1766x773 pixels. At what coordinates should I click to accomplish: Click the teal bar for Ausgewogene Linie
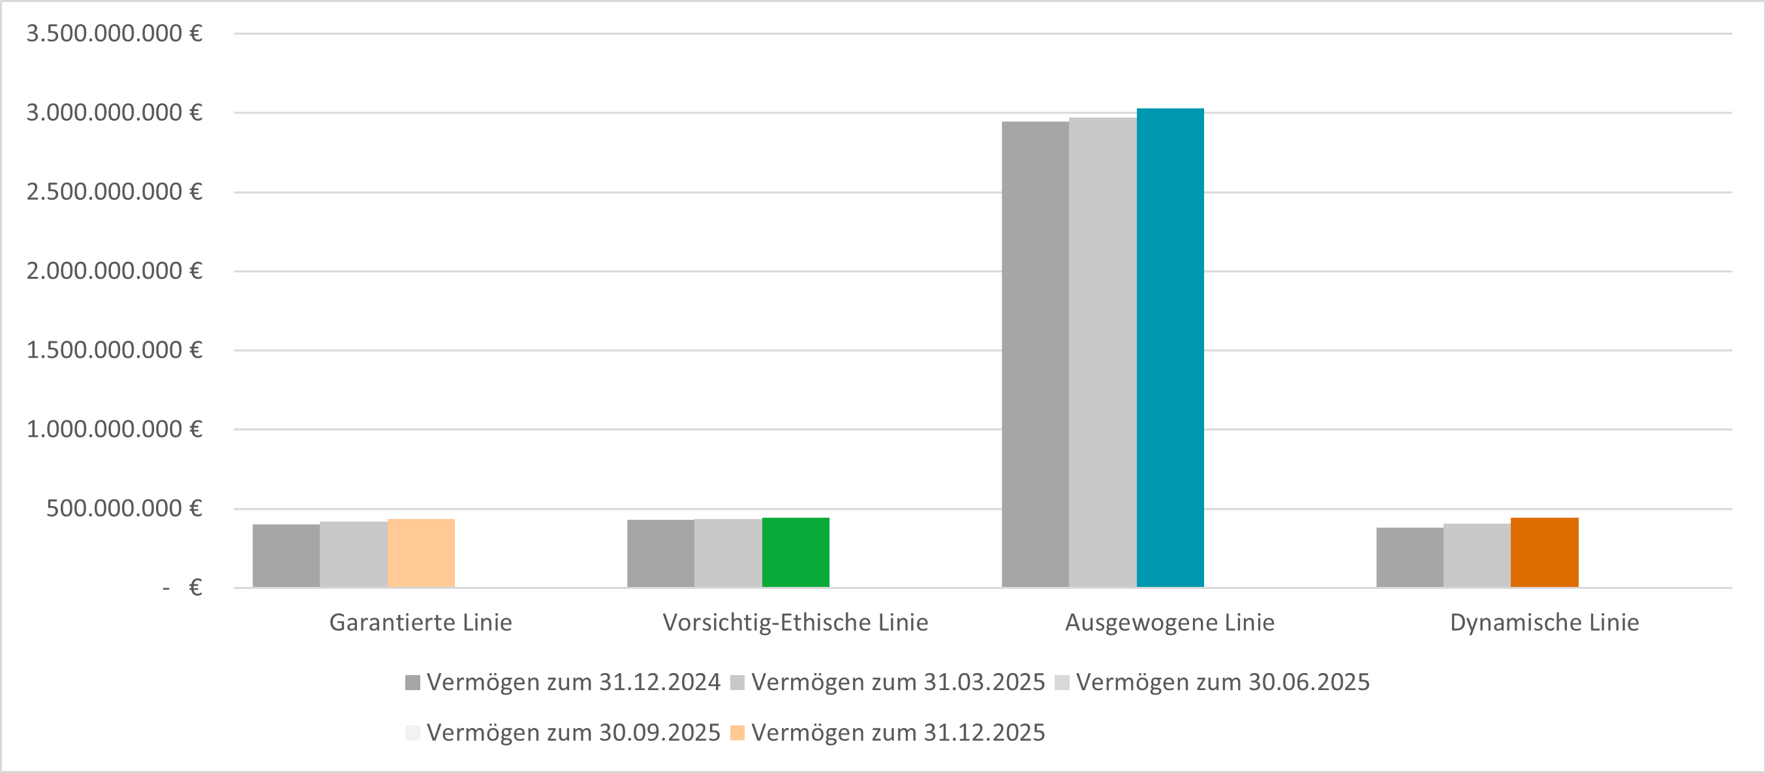coord(1170,348)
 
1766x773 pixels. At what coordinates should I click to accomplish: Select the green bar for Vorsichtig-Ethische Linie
coord(796,552)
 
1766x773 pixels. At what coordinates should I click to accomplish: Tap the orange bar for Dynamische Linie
coord(1545,552)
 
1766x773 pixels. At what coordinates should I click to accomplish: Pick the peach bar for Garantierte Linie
coord(421,553)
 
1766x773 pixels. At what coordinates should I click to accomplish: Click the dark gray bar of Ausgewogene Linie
coord(1035,354)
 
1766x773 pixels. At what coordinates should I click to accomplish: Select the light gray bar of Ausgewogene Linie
coord(1102,352)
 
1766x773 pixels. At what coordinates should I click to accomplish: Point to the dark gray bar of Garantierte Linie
coord(286,556)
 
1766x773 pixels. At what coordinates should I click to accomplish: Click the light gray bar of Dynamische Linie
coord(1477,555)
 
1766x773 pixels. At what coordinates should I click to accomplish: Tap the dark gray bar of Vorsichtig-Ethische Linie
coord(660,553)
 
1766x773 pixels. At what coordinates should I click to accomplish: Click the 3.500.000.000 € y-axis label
coord(114,33)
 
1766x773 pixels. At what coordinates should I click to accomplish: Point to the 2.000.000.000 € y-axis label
coord(114,271)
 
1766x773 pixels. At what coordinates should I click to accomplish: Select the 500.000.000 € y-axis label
coord(123,508)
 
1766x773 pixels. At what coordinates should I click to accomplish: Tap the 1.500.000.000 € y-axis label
coord(114,350)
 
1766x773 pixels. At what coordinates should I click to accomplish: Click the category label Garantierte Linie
coord(420,622)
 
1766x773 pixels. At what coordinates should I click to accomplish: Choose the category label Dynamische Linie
coord(1544,622)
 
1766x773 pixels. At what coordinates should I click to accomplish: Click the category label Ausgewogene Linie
coord(1170,622)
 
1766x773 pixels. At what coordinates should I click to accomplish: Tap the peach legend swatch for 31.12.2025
coord(737,733)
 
